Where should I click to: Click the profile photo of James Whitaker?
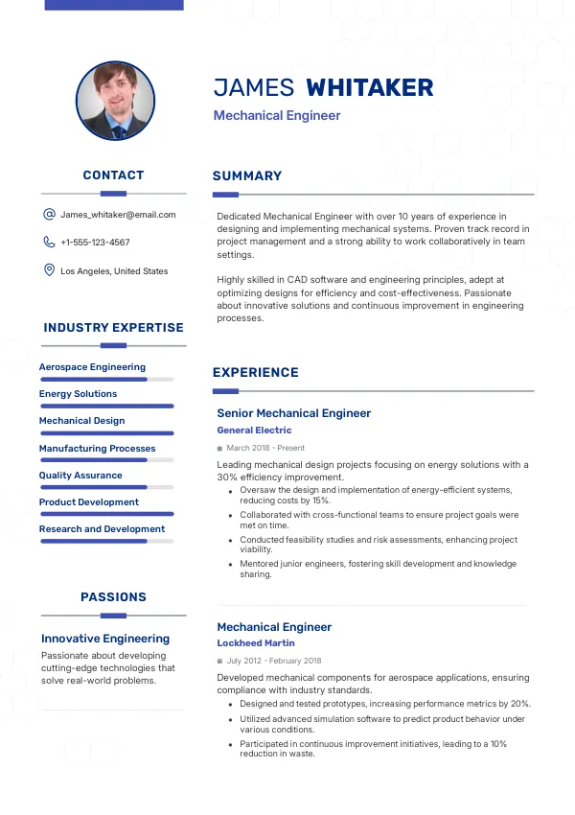tap(115, 102)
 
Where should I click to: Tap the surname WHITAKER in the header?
tap(369, 88)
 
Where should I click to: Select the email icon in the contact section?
tap(49, 215)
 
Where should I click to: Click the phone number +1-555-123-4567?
tap(95, 243)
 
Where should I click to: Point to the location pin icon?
tap(49, 270)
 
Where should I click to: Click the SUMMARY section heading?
tap(247, 176)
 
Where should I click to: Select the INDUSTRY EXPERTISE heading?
tap(113, 328)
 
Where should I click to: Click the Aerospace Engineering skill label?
tap(92, 367)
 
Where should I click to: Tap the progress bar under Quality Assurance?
tap(106, 487)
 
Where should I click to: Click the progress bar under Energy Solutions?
tap(106, 406)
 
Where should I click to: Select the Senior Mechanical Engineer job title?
tap(293, 413)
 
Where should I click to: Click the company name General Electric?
tap(254, 431)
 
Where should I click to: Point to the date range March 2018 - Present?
tap(265, 448)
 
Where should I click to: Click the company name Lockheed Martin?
tap(256, 643)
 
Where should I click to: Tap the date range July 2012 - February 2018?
tap(274, 661)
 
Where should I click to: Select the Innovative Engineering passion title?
tap(105, 639)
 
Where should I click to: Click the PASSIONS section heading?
tap(113, 597)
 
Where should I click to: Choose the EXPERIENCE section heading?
tap(255, 373)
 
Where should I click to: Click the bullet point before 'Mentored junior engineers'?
tap(230, 565)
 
